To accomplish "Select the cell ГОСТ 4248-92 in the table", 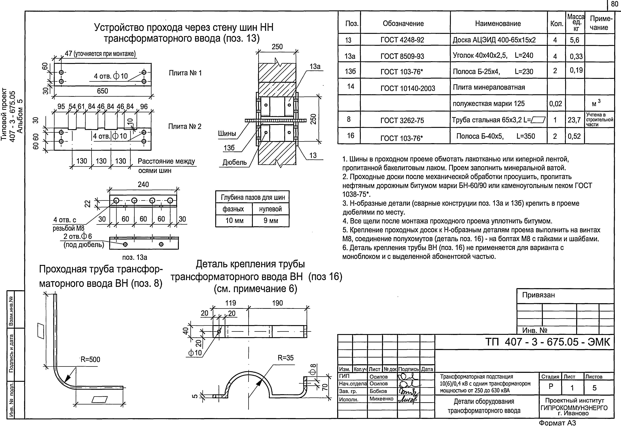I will [402, 40].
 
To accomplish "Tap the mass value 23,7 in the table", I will [574, 120].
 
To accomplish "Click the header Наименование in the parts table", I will [498, 23].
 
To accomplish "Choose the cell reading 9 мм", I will [270, 221].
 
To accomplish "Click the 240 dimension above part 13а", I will [143, 185].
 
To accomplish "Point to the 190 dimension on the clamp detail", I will [277, 303].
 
